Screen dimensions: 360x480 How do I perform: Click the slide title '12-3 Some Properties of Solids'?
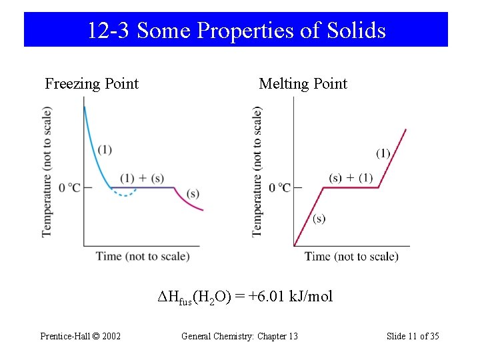click(236, 31)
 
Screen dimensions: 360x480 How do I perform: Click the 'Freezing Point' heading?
click(91, 84)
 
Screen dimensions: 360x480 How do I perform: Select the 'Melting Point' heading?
click(303, 84)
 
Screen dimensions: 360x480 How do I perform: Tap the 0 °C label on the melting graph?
click(279, 188)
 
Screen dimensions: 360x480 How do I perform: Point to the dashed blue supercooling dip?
click(124, 195)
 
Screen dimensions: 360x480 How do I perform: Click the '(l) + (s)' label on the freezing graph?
click(142, 178)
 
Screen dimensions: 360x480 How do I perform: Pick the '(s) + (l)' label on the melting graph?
click(351, 177)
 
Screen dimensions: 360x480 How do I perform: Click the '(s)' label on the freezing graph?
click(193, 194)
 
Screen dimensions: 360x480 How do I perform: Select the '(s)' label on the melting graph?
click(319, 219)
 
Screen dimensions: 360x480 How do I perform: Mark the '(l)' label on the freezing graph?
click(105, 149)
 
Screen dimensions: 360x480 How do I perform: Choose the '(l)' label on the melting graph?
click(383, 153)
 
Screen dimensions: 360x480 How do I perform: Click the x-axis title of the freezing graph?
click(143, 256)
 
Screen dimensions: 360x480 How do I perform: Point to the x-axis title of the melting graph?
click(351, 256)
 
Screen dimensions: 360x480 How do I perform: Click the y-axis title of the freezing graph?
click(47, 171)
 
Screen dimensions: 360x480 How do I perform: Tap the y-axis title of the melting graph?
click(257, 171)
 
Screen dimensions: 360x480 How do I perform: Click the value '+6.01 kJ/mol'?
click(290, 297)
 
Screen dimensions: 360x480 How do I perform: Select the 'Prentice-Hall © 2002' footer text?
click(81, 336)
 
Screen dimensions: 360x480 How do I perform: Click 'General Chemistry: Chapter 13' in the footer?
click(239, 336)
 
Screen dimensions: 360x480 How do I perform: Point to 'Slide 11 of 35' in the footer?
click(413, 336)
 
